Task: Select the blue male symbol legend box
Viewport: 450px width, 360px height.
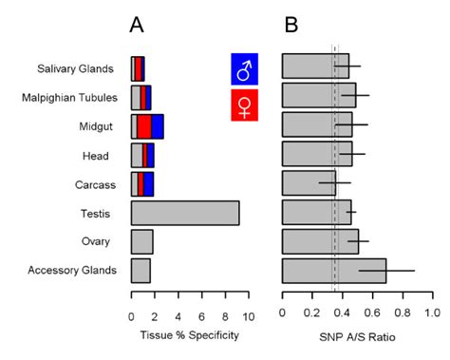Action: coord(245,69)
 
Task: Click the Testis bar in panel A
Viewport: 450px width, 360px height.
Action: coord(185,213)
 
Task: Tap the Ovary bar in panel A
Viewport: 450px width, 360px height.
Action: coord(141,241)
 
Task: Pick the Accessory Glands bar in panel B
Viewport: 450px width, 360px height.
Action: coord(333,271)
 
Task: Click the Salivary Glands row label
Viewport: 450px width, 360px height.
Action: coord(84,68)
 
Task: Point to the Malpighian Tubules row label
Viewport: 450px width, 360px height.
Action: coord(75,97)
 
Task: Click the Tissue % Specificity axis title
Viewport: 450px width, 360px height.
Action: coord(189,334)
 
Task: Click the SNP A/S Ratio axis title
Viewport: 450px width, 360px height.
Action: coord(357,334)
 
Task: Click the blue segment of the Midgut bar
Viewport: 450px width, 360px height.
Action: coord(158,126)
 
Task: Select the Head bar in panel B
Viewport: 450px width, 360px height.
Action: coord(316,155)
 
